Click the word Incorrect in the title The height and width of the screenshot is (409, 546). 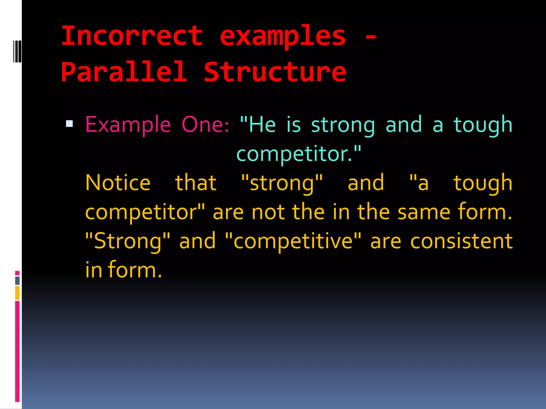132,36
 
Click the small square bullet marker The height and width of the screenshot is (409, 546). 69,124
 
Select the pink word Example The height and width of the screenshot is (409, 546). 128,125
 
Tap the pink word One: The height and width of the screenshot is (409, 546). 205,125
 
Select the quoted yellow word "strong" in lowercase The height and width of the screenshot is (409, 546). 282,183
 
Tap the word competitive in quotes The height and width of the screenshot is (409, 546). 293,241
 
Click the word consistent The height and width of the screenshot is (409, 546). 461,241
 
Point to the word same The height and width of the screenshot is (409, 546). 424,212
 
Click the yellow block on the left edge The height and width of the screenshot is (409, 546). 17,293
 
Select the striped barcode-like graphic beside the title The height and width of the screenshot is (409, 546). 17,51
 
